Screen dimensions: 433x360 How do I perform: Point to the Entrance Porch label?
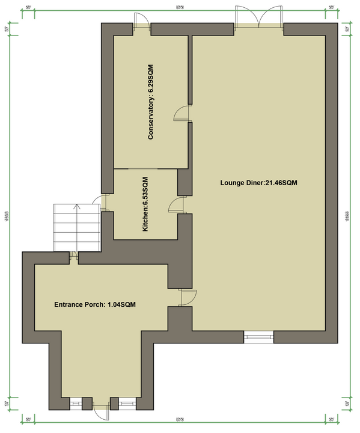[95, 305]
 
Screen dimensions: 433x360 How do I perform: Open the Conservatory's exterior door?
[141, 23]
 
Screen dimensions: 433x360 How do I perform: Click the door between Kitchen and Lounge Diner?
[178, 205]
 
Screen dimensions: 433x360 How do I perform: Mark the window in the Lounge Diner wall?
[258, 335]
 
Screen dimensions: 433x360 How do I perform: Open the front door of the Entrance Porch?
[101, 409]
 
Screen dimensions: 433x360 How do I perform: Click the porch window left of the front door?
[76, 403]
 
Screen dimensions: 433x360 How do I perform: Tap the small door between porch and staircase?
[74, 257]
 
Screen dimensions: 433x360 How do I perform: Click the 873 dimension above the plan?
[180, 7]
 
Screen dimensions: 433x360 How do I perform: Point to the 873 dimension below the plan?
[180, 419]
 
